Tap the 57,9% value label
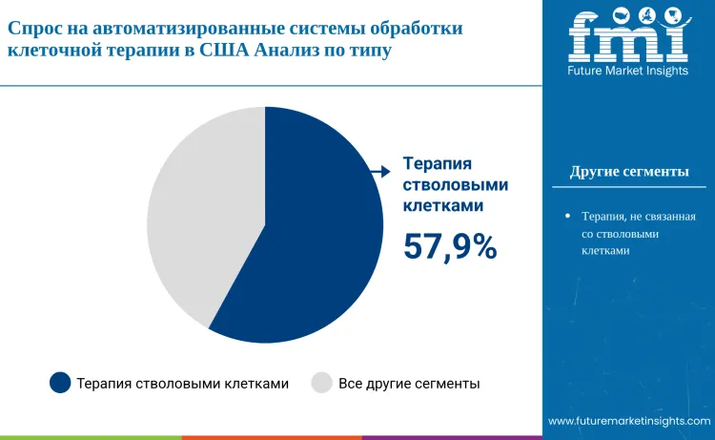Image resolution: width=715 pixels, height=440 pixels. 450,246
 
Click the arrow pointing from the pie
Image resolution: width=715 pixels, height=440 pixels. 380,171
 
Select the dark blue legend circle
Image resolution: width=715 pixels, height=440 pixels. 60,383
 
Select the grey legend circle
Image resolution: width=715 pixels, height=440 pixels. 322,383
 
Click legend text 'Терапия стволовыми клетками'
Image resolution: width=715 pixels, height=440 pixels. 182,384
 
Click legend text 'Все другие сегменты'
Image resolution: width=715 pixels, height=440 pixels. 409,384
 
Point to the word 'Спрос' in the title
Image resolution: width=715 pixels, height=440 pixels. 35,29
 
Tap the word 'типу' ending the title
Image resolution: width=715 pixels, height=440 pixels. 369,51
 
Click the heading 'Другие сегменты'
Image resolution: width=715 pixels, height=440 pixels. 629,172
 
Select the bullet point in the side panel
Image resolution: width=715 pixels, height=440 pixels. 567,217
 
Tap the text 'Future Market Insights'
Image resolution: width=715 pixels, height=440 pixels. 628,73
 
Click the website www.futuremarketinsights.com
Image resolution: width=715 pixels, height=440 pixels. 629,421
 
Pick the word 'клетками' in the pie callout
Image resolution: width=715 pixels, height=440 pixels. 441,204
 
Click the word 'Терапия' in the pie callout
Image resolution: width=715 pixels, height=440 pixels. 439,163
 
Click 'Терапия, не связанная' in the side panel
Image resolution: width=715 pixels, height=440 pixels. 638,217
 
